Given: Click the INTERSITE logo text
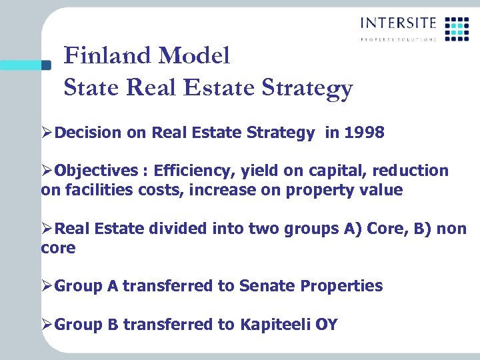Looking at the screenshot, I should (x=398, y=23).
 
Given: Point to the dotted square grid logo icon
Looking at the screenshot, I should (x=457, y=29).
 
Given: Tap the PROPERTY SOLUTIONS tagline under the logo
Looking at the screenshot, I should (x=398, y=39).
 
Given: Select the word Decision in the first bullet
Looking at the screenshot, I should (x=89, y=133).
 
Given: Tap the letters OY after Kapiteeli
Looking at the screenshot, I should (x=327, y=325).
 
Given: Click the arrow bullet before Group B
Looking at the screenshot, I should (x=47, y=325).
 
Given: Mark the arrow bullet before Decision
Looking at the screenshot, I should (x=47, y=133).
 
